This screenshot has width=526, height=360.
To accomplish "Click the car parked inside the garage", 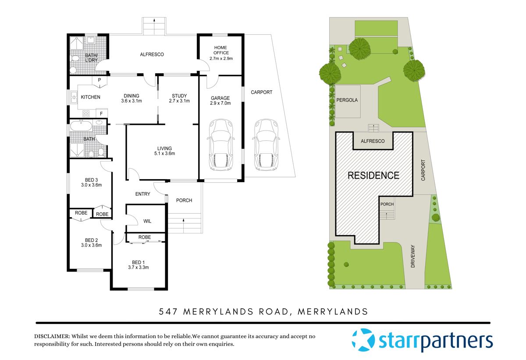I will [221, 145].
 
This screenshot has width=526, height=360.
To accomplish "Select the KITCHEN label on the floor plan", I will [91, 97].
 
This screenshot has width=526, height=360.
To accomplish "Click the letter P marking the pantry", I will [100, 80].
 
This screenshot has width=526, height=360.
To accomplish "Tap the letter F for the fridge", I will [101, 113].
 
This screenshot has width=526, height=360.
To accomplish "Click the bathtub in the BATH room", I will [81, 127].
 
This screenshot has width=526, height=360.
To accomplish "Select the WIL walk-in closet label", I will [147, 222].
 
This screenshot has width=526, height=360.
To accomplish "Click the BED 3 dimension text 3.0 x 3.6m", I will [91, 185].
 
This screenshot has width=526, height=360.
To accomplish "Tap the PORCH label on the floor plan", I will [184, 201].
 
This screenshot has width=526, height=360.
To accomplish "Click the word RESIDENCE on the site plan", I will [373, 176].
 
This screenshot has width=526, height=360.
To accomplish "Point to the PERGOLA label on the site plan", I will [347, 100].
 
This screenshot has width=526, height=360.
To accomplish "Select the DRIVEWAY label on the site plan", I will [413, 256].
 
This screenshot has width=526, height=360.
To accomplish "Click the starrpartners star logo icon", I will [363, 339].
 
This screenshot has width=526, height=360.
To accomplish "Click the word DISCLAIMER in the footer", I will [52, 336].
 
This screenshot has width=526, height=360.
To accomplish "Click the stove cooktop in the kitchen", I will [86, 113].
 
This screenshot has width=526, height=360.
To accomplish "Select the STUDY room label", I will [179, 96].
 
